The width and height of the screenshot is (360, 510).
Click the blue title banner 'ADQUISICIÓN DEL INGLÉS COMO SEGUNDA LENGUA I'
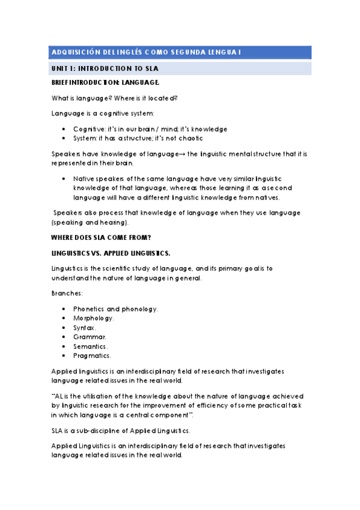click(180, 52)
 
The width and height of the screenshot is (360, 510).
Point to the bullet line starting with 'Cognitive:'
click(150, 129)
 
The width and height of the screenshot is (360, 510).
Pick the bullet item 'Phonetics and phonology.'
click(116, 309)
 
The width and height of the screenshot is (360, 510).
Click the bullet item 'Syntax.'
click(85, 328)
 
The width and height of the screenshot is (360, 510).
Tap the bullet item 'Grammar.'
click(90, 337)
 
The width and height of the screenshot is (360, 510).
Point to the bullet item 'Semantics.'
click(91, 347)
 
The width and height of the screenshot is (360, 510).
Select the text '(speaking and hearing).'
click(90, 223)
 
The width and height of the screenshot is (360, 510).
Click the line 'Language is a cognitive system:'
click(103, 114)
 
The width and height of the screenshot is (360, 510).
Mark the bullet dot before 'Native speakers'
click(64, 179)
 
